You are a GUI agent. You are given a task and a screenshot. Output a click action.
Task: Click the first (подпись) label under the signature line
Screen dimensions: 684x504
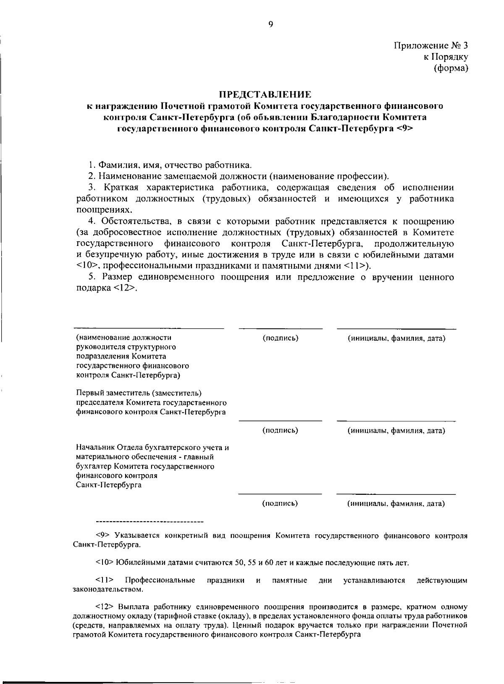click(x=280, y=338)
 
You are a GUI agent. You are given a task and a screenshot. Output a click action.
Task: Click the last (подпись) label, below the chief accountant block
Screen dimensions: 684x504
click(x=280, y=503)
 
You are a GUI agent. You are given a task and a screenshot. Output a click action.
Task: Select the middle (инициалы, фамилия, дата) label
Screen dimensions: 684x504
click(x=396, y=430)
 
